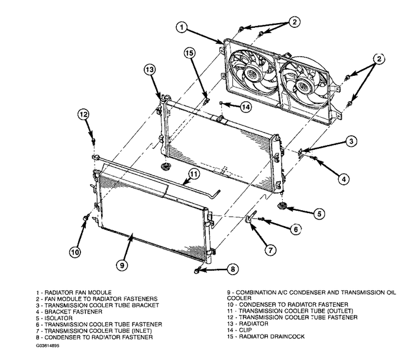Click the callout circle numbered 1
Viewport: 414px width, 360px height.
[x=182, y=27]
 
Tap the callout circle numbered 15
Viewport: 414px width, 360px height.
[x=189, y=53]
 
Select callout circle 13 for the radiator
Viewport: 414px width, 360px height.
[x=150, y=69]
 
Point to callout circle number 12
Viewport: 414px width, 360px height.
[x=83, y=114]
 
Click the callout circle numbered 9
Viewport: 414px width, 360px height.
[x=122, y=265]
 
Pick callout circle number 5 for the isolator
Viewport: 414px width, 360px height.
[x=319, y=214]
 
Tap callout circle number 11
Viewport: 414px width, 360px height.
[x=194, y=174]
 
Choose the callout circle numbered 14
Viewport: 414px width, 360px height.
[x=245, y=107]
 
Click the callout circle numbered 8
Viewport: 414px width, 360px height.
[x=232, y=269]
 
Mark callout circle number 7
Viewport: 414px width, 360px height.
[x=270, y=250]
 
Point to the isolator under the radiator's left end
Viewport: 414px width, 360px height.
[x=165, y=167]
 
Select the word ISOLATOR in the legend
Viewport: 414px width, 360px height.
[x=59, y=318]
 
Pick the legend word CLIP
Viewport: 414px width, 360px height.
[x=245, y=330]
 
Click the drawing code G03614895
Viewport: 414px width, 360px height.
[x=48, y=346]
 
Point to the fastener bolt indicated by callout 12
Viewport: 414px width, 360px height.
[x=93, y=141]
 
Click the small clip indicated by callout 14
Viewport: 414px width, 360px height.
[x=221, y=102]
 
